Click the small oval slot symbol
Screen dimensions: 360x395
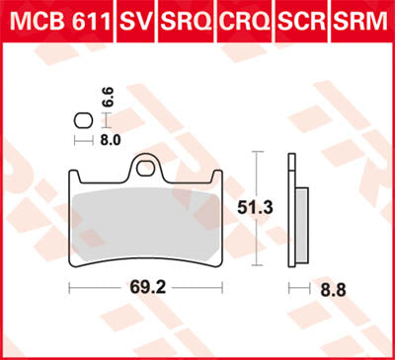click(82, 122)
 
